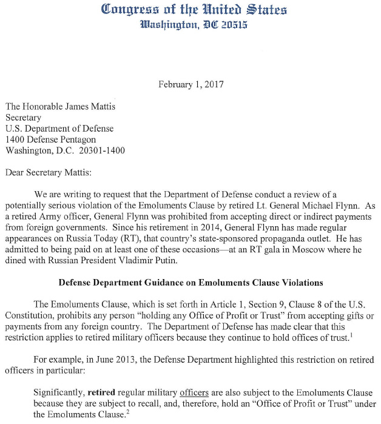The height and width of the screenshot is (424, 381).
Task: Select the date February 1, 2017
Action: [x=190, y=85]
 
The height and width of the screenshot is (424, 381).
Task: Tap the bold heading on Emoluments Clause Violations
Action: [x=191, y=283]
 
